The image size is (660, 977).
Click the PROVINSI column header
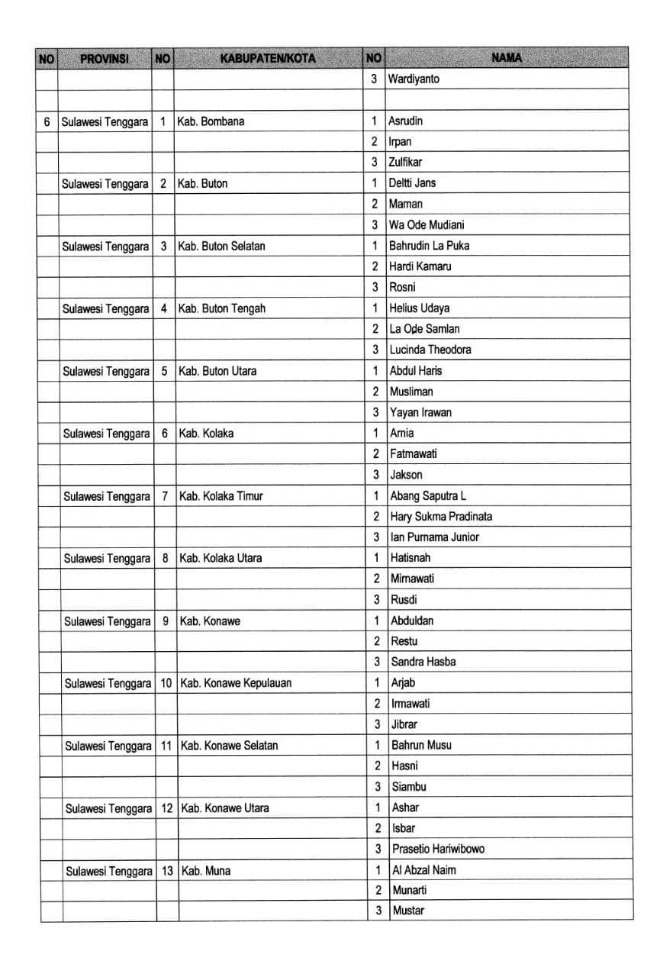105,58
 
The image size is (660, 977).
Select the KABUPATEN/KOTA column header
267,58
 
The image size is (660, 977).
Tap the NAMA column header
507,58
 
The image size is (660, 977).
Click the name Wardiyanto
414,79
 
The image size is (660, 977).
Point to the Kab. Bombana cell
211,121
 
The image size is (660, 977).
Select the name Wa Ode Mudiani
426,224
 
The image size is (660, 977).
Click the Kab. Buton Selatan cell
221,246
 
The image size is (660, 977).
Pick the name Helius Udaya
419,308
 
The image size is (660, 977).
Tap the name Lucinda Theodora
430,350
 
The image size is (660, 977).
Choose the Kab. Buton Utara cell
217,371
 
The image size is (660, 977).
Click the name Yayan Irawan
420,412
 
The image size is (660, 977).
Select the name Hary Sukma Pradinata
441,516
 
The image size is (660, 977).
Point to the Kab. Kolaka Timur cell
221,496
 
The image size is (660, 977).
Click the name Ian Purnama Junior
435,537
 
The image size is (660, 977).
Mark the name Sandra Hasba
423,662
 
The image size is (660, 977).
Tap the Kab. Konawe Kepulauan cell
235,682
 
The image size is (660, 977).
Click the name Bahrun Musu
421,745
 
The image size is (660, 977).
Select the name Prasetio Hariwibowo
438,849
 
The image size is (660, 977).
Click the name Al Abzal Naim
423,869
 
